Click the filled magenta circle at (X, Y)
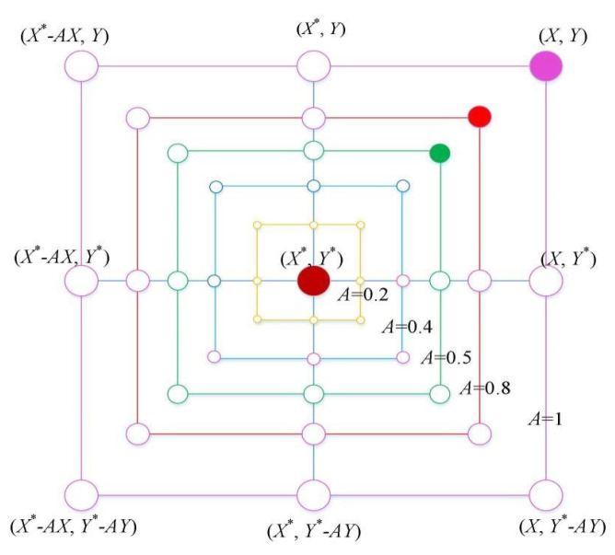click(x=546, y=66)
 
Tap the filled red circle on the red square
click(x=479, y=116)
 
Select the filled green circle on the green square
click(x=440, y=153)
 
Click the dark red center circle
click(x=313, y=280)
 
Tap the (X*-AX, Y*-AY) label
click(x=74, y=527)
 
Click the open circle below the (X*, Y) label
click(x=314, y=66)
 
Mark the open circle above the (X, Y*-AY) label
click(x=547, y=494)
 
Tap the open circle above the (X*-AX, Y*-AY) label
click(x=83, y=494)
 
